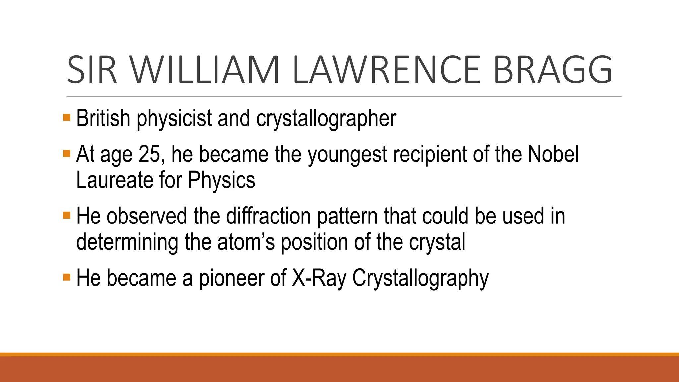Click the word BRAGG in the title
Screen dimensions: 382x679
[553, 70]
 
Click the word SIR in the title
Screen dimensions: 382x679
[92, 70]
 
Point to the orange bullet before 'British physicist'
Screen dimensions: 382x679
[67, 117]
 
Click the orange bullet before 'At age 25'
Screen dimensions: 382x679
[67, 154]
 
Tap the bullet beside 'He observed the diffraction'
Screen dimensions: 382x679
[67, 215]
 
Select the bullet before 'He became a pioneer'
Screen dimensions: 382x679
[67, 277]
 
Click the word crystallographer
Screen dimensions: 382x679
[326, 119]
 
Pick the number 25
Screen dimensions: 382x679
[151, 154]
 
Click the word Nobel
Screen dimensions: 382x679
[553, 154]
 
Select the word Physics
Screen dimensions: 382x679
[221, 181]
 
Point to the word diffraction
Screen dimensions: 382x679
[269, 216]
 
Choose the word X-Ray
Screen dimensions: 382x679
[319, 278]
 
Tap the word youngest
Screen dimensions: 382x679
[347, 155]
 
